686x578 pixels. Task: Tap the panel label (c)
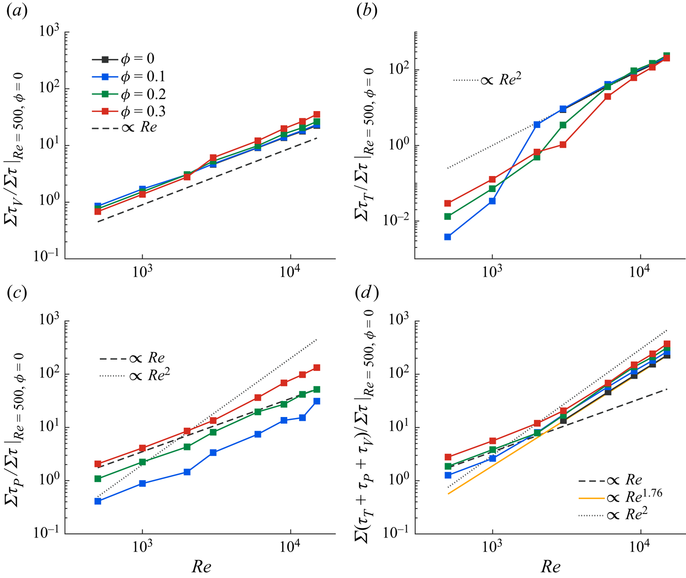point(16,293)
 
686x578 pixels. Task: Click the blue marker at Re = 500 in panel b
point(448,237)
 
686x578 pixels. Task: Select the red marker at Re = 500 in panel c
point(98,464)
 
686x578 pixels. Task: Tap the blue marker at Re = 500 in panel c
point(98,501)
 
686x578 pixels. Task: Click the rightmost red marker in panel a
point(317,114)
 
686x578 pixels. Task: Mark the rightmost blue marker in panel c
point(317,401)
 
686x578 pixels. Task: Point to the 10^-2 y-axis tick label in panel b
point(395,221)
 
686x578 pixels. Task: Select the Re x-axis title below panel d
point(550,567)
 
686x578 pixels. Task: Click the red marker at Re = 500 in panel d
point(448,457)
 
